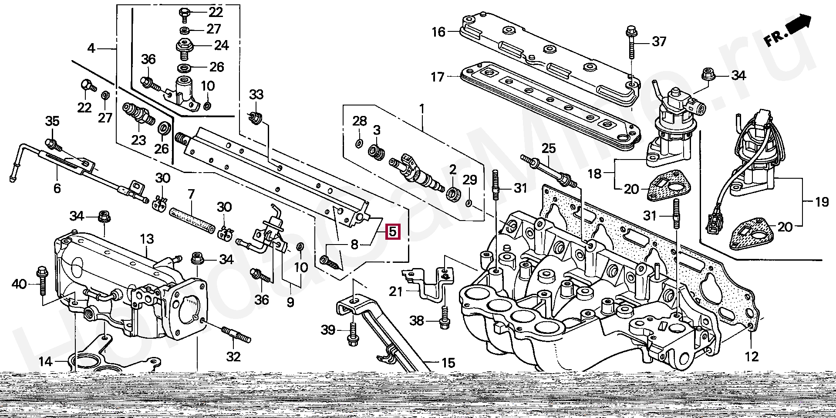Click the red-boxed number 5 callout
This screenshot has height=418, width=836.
[x=392, y=231]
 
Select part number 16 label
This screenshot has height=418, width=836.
[x=438, y=32]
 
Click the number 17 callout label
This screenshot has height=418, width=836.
[x=437, y=77]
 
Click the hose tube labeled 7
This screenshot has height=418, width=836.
[x=192, y=217]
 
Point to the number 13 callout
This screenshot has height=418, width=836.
[x=147, y=239]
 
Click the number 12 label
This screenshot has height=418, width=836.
[x=752, y=357]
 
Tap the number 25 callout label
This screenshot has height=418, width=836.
[x=548, y=149]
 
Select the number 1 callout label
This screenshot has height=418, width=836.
[x=421, y=107]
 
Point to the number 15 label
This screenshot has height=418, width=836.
[x=448, y=362]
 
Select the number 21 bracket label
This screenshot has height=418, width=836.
[x=395, y=291]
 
